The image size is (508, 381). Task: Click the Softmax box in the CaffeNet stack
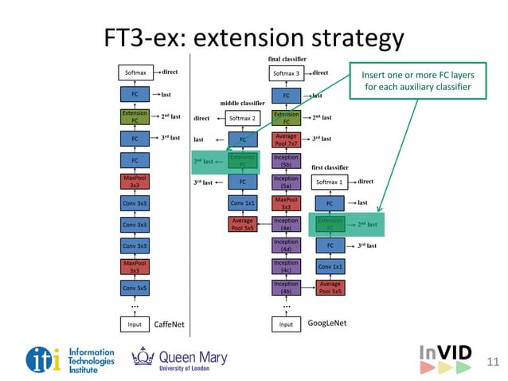point(135,73)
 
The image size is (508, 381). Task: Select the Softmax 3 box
point(286,73)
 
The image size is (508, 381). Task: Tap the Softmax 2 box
point(242,118)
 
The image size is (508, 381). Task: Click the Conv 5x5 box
point(135,287)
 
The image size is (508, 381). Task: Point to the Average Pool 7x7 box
point(286,139)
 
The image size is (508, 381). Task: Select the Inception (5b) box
point(286,161)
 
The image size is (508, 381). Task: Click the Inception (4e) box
point(286,224)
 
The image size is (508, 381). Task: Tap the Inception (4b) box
point(286,287)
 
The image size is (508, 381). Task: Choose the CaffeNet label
point(169,324)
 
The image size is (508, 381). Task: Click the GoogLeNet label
point(329,324)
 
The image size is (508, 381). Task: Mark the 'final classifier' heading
point(287,59)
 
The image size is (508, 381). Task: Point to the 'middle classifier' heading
point(242,103)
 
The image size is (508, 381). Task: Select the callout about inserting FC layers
point(417,80)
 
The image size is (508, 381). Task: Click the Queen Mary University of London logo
point(180,360)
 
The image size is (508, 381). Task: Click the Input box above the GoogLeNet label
point(286,324)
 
